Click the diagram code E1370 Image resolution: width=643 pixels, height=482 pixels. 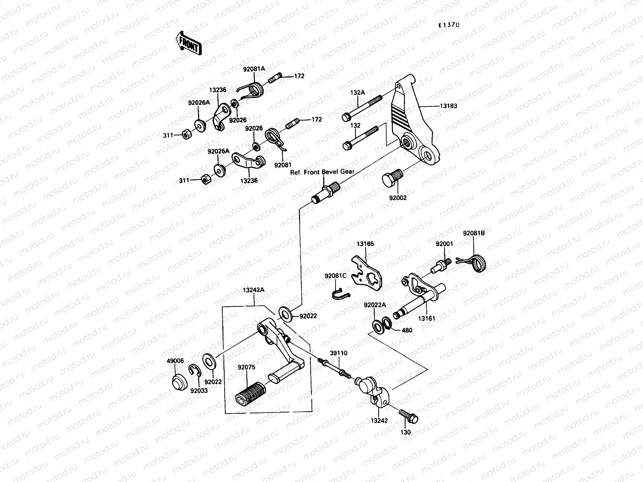point(448,25)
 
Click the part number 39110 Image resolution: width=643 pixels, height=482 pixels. point(339,353)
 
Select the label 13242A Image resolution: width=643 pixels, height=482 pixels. point(253,289)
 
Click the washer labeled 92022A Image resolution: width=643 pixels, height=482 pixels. point(378,326)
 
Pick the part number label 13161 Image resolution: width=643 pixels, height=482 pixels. point(426,318)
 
